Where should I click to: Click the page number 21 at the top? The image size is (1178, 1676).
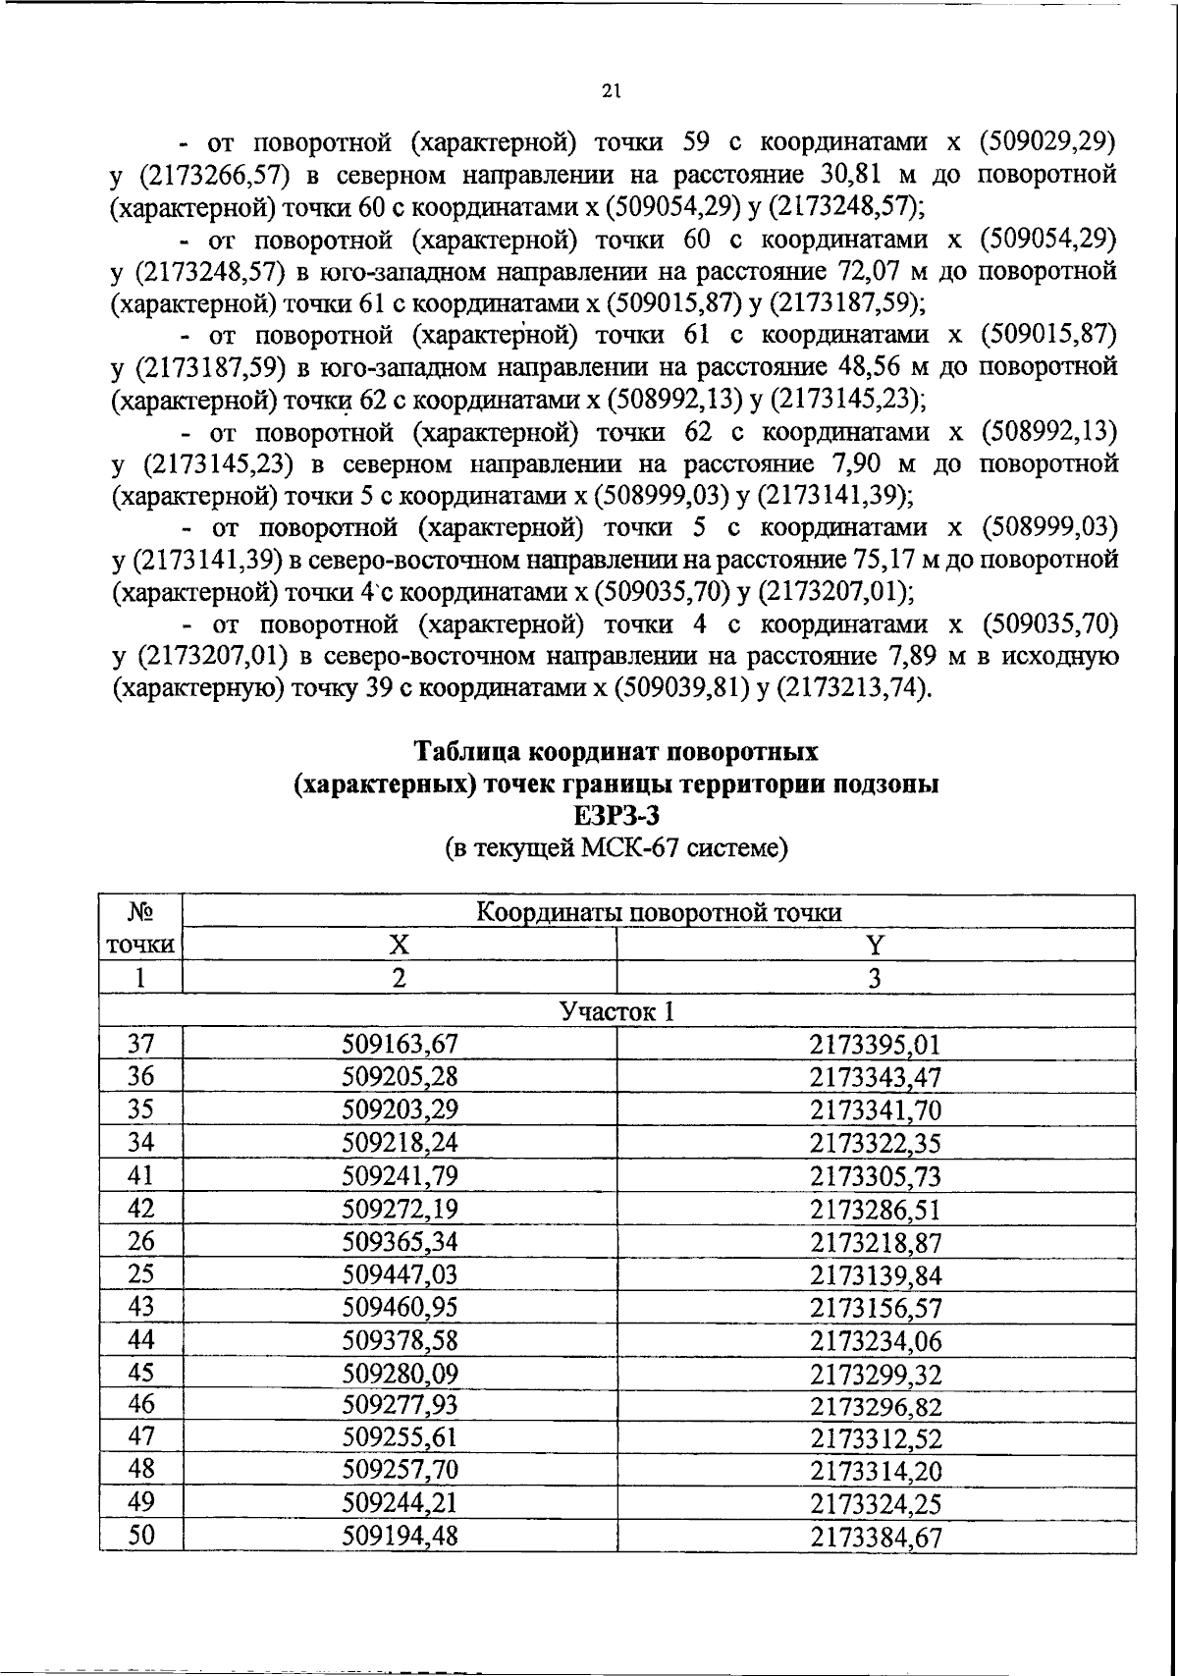pyautogui.click(x=610, y=92)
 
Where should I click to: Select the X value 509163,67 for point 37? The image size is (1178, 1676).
pyautogui.click(x=400, y=1046)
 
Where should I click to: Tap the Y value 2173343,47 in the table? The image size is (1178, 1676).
pyautogui.click(x=875, y=1078)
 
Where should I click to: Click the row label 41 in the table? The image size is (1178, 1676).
pyautogui.click(x=141, y=1175)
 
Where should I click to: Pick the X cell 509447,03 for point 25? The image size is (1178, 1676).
pyautogui.click(x=400, y=1274)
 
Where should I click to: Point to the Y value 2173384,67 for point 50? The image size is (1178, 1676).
pyautogui.click(x=875, y=1538)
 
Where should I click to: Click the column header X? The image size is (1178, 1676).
pyautogui.click(x=399, y=945)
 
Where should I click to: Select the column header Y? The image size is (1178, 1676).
pyautogui.click(x=875, y=945)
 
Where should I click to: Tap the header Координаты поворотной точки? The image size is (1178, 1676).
pyautogui.click(x=659, y=912)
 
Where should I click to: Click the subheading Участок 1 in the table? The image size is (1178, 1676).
pyautogui.click(x=616, y=1011)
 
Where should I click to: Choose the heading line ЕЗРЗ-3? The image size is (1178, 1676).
pyautogui.click(x=616, y=815)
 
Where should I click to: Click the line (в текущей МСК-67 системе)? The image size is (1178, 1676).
pyautogui.click(x=616, y=847)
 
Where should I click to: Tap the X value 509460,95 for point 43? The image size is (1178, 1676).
pyautogui.click(x=400, y=1307)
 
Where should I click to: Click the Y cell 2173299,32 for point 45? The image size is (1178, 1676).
pyautogui.click(x=875, y=1374)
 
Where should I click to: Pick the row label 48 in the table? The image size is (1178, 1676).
pyautogui.click(x=141, y=1470)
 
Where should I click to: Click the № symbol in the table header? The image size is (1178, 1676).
pyautogui.click(x=141, y=912)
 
